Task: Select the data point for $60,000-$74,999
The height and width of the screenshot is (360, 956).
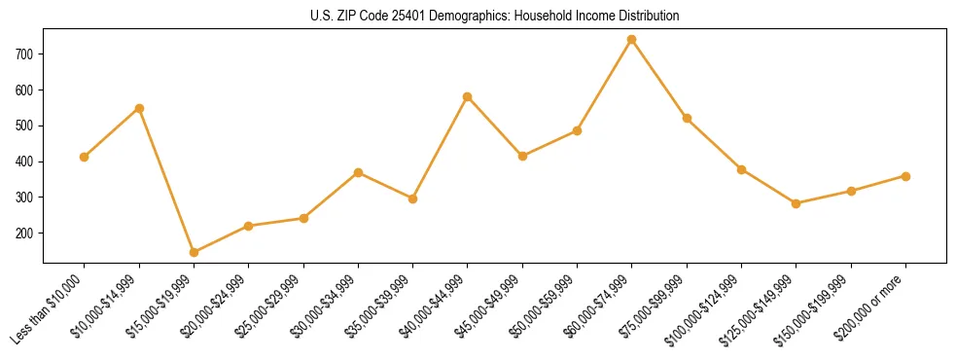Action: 632,40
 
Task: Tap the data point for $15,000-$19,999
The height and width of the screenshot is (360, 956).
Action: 195,252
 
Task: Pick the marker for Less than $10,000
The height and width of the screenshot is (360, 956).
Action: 85,157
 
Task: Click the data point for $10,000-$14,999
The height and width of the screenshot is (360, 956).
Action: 139,108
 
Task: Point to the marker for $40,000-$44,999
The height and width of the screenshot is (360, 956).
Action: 468,96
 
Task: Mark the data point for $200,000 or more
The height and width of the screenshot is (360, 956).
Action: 905,176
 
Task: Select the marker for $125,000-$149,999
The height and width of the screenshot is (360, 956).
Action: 796,203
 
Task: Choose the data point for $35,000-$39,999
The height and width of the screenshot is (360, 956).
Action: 413,198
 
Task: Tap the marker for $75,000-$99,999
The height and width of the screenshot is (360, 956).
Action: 687,118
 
